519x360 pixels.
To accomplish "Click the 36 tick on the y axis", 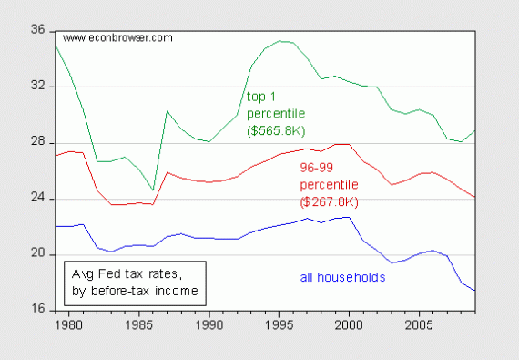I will pos(38,31).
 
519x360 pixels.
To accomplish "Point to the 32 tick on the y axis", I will pos(38,87).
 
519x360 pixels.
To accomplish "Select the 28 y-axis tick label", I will pos(38,143).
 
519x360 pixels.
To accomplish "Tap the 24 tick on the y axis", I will pos(38,199).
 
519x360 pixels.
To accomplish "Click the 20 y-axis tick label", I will pos(38,255).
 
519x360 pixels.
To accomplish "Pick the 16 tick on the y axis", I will pos(38,311).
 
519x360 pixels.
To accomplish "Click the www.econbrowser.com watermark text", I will pos(117,38).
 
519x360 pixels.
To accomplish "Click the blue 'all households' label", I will pos(342,277).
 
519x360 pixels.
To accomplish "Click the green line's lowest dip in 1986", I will pos(153,190).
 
